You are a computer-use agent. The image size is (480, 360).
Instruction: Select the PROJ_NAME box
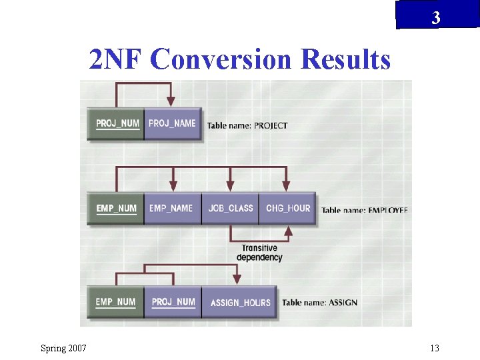click(172, 123)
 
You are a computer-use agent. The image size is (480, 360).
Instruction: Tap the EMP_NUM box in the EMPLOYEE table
click(116, 209)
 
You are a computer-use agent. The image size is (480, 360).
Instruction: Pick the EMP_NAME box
click(172, 209)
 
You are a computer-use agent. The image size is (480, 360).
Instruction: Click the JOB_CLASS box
click(230, 209)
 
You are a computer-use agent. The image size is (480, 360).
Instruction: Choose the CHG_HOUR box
click(287, 209)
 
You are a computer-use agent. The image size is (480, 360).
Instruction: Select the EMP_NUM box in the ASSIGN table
click(115, 303)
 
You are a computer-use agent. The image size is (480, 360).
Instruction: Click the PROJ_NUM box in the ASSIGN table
click(173, 303)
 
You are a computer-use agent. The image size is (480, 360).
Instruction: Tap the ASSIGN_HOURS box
click(240, 303)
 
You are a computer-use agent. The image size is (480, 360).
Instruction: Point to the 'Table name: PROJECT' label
click(247, 125)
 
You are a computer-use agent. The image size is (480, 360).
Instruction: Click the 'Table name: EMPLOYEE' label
click(364, 210)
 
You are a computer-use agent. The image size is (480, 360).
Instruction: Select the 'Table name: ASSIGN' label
click(319, 303)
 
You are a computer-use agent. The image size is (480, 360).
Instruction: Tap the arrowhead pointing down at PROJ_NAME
click(171, 102)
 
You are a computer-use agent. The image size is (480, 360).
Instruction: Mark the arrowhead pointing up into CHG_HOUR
click(288, 231)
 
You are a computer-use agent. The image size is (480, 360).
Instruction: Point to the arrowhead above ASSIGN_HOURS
click(235, 281)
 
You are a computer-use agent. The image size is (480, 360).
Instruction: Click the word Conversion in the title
click(222, 60)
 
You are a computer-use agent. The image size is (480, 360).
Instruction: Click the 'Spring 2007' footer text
click(63, 348)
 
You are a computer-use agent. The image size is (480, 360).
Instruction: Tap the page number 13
click(434, 348)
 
